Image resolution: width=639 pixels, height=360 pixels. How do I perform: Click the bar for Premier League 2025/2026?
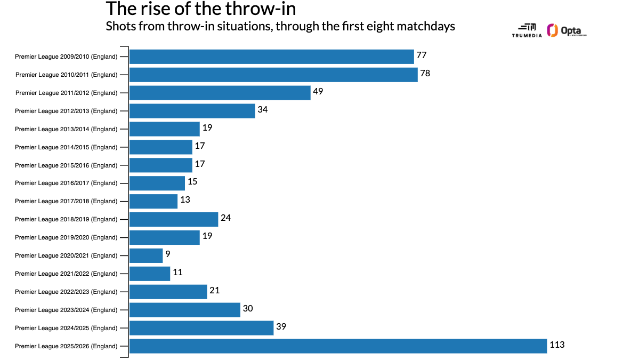338,346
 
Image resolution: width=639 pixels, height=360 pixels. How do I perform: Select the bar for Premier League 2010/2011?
273,75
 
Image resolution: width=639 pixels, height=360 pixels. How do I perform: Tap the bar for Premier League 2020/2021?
146,255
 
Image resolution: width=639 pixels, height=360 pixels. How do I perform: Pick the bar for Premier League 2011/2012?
220,93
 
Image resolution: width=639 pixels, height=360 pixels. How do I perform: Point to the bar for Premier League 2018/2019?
174,219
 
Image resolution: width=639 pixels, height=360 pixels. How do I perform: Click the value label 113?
557,345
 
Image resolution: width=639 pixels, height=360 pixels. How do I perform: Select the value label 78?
425,74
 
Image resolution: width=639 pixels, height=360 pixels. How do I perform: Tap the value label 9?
167,254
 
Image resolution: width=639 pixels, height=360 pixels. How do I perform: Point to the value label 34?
262,110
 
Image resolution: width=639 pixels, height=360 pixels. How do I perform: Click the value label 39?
281,327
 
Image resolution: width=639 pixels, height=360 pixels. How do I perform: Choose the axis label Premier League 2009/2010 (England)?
66,57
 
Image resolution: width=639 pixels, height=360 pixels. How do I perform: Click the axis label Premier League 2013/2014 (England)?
66,129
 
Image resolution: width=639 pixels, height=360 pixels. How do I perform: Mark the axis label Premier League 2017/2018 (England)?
66,201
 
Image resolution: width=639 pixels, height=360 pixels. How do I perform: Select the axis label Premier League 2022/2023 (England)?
66,292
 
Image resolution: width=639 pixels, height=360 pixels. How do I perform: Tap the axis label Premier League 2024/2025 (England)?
66,328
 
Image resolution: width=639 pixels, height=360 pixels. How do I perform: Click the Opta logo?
567,31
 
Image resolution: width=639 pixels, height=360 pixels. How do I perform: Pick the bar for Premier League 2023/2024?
184,310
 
